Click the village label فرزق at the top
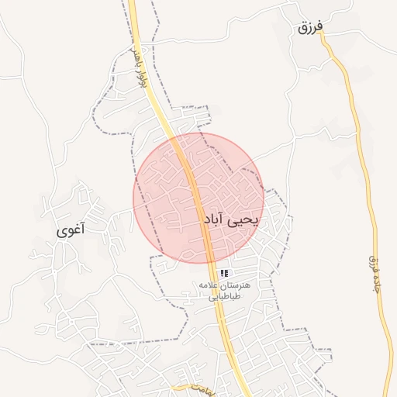309,28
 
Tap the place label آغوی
71,230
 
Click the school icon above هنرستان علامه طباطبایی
224,273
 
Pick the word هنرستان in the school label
247,285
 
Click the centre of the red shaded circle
198,198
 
